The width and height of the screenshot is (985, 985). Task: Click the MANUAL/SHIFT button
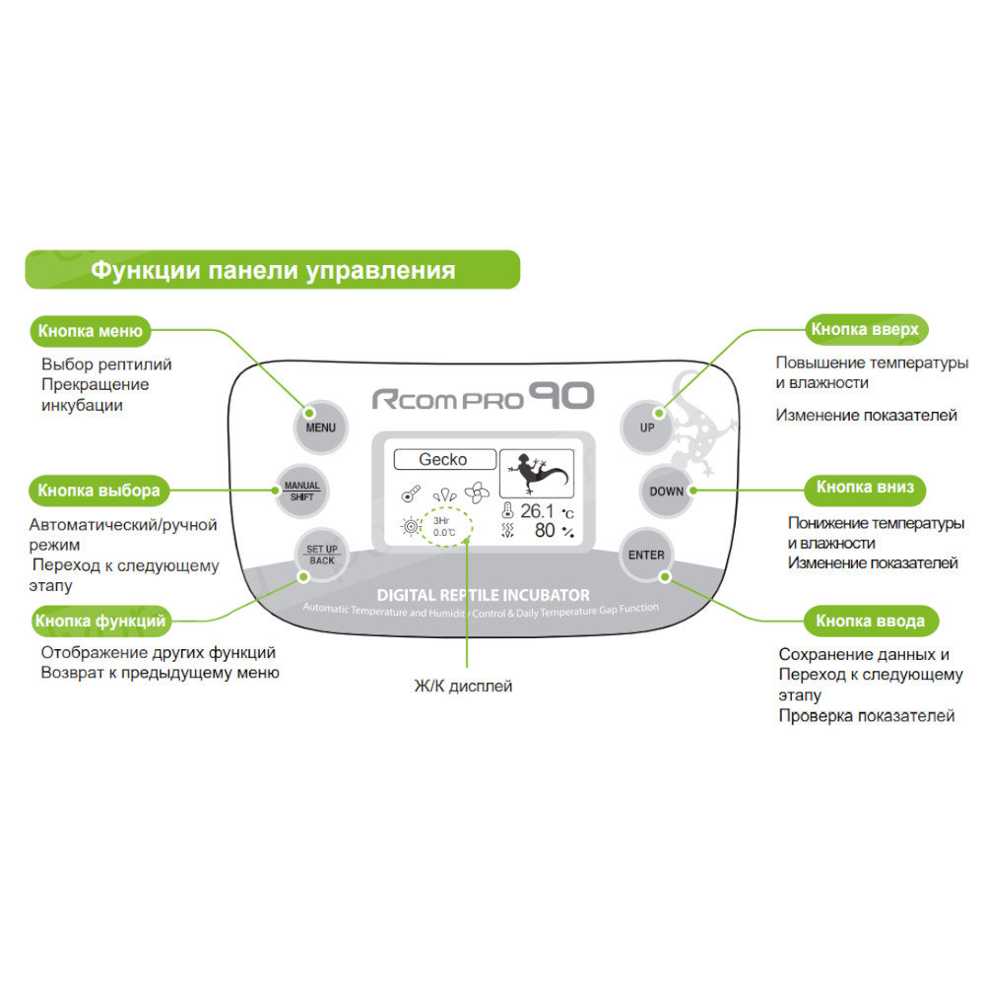[x=299, y=491]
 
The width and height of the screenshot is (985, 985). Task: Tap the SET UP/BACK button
[x=321, y=554]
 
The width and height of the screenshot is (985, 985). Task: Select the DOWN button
[x=666, y=491]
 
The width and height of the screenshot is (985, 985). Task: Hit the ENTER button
[x=646, y=555]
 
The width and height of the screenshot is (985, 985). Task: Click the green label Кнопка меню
[x=91, y=331]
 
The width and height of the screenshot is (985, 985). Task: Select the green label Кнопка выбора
[x=98, y=489]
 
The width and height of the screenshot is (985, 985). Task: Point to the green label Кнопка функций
[x=100, y=621]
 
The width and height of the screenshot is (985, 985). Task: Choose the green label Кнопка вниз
[x=872, y=487]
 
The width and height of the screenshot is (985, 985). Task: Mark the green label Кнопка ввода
[x=870, y=622]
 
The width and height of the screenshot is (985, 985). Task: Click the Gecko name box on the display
[x=443, y=459]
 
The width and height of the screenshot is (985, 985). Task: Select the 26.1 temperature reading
[x=538, y=511]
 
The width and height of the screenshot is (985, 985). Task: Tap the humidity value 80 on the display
[x=545, y=532]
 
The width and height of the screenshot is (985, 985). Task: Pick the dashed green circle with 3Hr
[x=444, y=525]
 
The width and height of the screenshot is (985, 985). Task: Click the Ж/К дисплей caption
[x=463, y=686]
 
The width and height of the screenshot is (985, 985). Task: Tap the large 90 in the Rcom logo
[x=561, y=397]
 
